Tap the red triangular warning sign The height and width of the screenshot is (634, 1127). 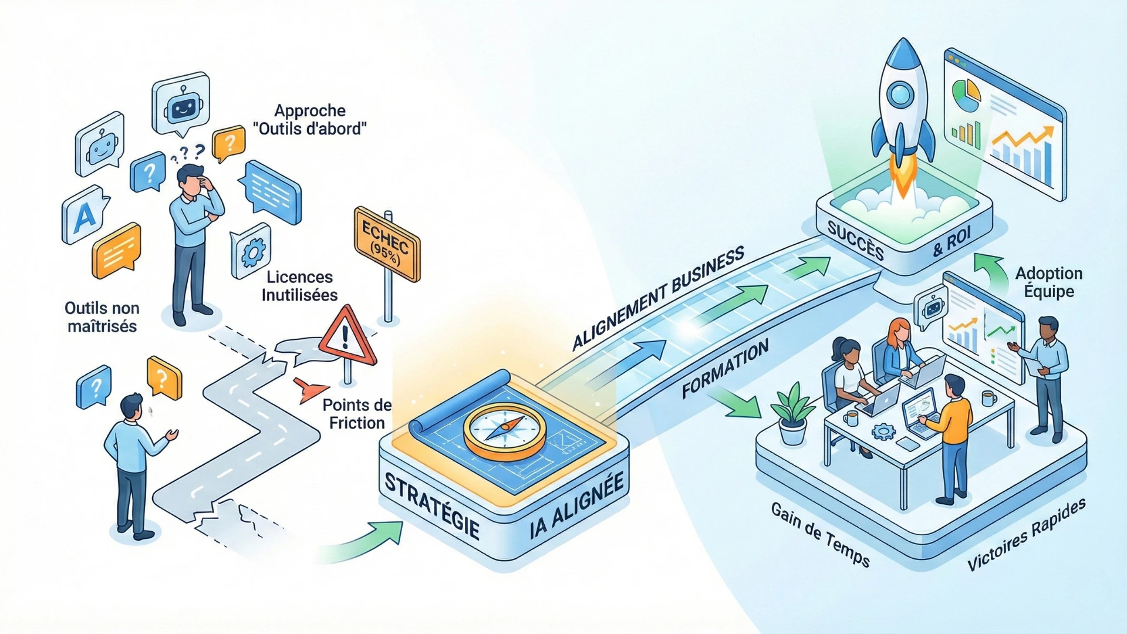coord(347,337)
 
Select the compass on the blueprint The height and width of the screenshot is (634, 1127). coord(504,431)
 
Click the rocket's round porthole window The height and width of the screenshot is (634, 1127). coord(900,94)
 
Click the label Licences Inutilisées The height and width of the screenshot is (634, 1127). coord(299,286)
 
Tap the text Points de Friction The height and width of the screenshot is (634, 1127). coord(357,414)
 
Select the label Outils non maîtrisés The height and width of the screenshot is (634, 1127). coord(102,317)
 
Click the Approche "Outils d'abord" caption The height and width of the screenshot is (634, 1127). coord(310,119)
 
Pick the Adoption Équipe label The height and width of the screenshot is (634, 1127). coord(1049,282)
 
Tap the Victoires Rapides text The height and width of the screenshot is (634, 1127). coord(1026,535)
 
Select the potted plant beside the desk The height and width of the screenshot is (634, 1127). coord(792,413)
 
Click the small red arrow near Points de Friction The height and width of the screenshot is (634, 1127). coord(309,389)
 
